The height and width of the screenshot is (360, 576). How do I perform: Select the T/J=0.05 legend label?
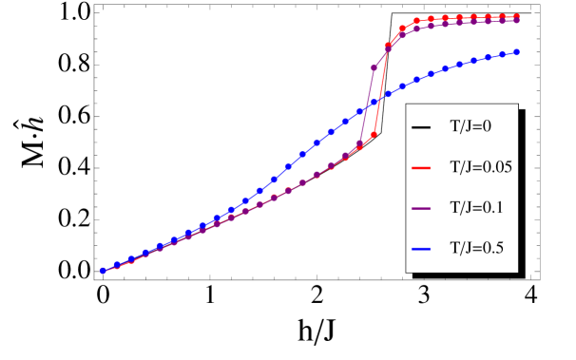[481, 167]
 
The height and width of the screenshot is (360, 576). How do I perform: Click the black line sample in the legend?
[421, 127]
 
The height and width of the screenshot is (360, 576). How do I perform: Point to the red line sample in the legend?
[421, 168]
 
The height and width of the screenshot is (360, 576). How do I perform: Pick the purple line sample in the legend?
[421, 209]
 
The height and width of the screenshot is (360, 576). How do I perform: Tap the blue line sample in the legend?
[421, 250]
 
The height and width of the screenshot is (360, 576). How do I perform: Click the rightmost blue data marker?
[517, 52]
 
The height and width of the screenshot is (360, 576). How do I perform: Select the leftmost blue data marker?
[103, 271]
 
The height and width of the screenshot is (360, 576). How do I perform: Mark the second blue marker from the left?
[117, 265]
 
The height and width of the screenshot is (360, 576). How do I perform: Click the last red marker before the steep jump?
[374, 134]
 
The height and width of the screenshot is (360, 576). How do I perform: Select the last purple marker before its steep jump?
[360, 143]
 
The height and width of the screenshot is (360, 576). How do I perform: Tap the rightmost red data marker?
[517, 16]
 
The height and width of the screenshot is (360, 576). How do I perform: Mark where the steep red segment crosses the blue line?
[379, 98]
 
